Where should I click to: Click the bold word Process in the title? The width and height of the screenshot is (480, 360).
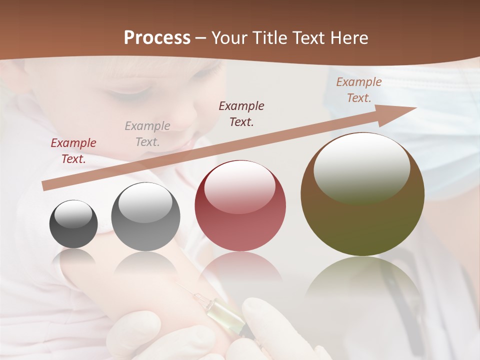[x=157, y=38]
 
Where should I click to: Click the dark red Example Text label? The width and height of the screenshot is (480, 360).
[x=73, y=151]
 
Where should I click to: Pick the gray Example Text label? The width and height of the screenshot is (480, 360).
[x=147, y=133]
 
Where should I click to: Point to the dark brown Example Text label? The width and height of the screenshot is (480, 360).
[x=241, y=113]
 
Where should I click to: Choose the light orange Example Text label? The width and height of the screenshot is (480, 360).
[x=358, y=90]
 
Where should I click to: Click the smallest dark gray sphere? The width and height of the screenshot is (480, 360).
[x=73, y=224]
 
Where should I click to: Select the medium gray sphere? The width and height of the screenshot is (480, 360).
[x=145, y=217]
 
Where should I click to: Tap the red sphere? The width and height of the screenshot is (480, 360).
[x=240, y=206]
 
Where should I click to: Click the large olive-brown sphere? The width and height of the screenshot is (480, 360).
[x=362, y=194]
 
